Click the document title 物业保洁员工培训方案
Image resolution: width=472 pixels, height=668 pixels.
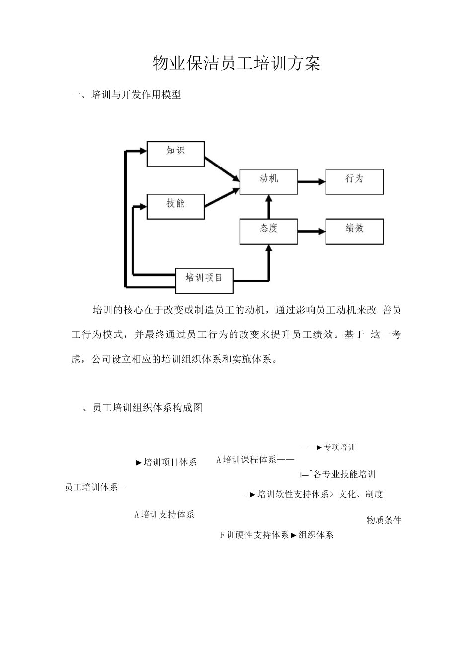point(236,64)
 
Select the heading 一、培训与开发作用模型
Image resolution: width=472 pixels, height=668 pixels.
point(126,95)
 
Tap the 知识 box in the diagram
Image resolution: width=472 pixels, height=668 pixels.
point(175,154)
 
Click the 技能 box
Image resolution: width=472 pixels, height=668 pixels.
point(175,206)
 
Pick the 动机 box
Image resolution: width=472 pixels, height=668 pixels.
point(269,181)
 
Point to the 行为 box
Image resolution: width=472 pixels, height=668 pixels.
point(354,181)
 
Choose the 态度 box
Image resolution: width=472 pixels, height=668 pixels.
point(269,231)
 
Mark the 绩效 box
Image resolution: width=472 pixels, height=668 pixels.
point(354,231)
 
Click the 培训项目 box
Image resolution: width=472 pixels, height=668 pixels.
point(204,280)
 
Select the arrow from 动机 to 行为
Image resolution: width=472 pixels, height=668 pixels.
point(312,182)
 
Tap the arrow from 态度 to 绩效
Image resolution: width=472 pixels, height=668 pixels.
point(312,231)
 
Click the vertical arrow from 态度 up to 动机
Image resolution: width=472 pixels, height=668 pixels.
point(269,206)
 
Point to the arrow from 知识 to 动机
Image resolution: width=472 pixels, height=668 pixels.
point(222,169)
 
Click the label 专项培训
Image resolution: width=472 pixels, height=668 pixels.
point(339,447)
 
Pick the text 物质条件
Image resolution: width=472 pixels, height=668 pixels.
point(384,520)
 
